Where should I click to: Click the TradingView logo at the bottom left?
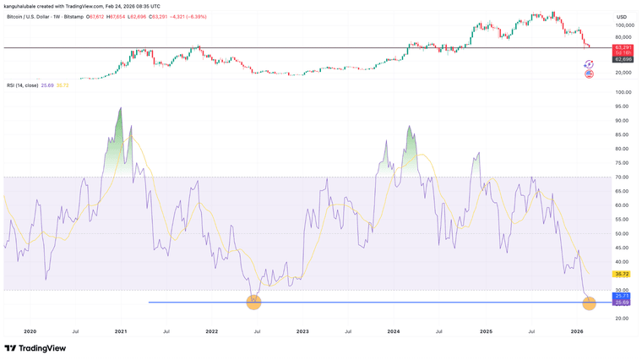tap(35, 348)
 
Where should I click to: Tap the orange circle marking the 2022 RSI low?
tap(253, 302)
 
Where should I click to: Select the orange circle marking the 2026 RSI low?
tap(590, 302)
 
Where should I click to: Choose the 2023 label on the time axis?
tap(302, 332)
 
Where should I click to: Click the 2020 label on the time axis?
tap(30, 332)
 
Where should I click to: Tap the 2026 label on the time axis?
tap(576, 332)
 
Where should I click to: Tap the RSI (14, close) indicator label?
tap(24, 85)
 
